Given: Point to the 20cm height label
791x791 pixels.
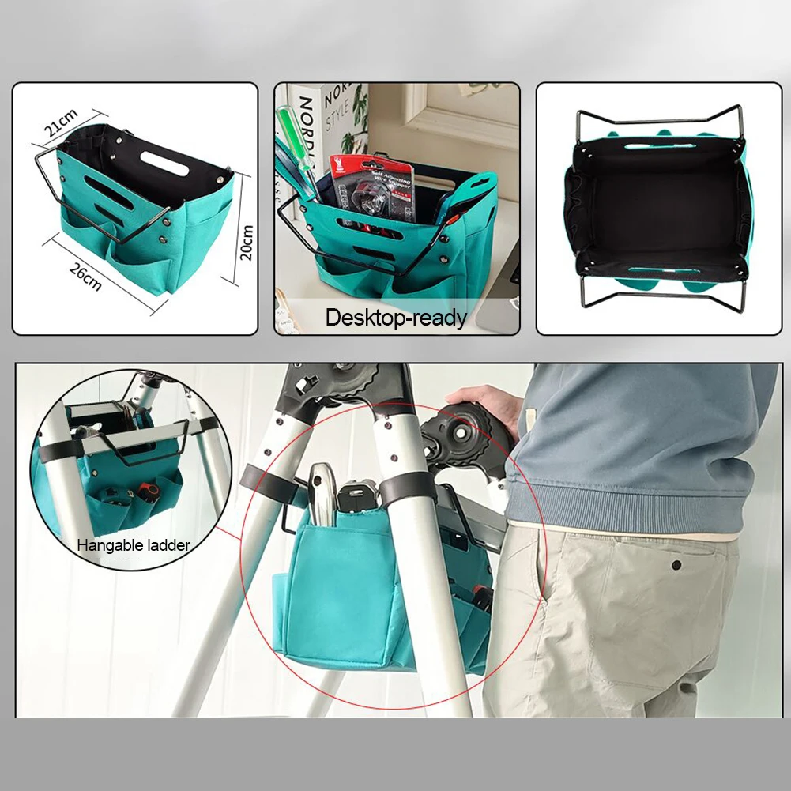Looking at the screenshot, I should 247,241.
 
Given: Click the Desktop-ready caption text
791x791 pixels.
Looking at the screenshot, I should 397,318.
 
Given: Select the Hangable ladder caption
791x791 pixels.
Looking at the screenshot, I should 134,544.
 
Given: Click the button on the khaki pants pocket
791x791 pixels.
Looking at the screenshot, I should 676,565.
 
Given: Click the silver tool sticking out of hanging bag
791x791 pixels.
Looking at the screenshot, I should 320,494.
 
